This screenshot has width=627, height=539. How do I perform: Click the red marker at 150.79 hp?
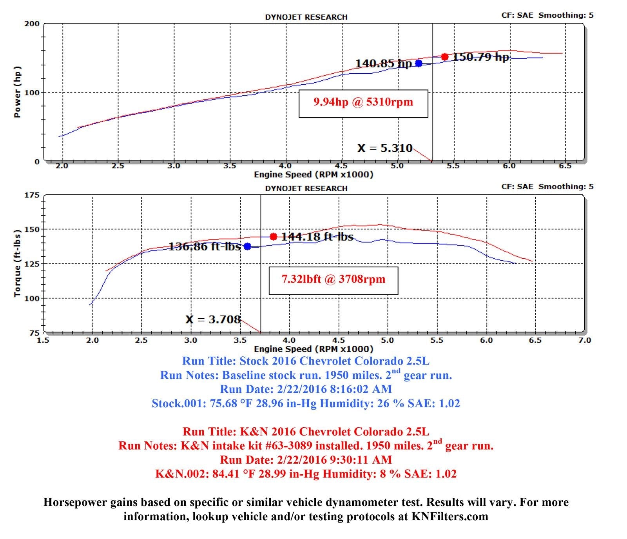tap(444, 57)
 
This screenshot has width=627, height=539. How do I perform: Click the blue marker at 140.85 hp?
tap(419, 63)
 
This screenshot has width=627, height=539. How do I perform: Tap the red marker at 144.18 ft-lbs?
tap(274, 236)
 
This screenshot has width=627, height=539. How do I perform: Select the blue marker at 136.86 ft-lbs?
tap(247, 246)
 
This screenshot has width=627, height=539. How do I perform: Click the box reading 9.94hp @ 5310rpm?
tap(363, 103)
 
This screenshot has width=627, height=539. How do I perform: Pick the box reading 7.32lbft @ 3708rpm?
tap(333, 280)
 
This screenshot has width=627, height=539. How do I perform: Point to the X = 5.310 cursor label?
tap(385, 148)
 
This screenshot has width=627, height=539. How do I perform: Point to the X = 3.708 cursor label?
tap(213, 319)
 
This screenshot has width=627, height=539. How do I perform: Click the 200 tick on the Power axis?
tap(32, 24)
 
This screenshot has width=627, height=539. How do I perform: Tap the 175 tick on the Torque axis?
tap(32, 195)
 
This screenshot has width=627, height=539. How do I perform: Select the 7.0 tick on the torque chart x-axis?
tap(584, 340)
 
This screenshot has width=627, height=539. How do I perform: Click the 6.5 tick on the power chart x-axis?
tap(565, 166)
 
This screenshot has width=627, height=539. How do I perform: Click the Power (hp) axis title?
tap(17, 92)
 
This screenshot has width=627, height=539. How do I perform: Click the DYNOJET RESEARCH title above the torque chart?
tap(306, 189)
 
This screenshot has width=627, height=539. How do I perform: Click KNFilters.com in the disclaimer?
tap(449, 517)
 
